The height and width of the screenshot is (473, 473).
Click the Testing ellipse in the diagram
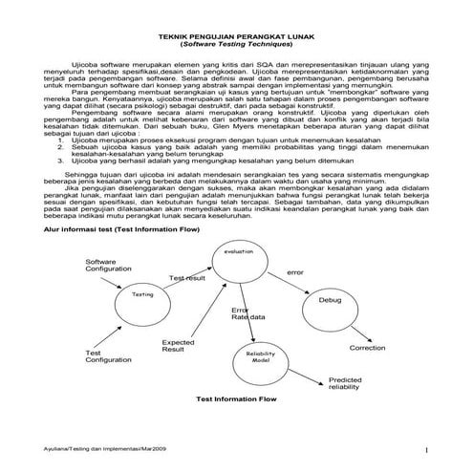click(142, 296)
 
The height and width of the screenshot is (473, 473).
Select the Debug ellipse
click(330, 300)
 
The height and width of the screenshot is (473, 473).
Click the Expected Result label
click(178, 346)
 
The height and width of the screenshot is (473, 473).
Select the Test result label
click(187, 277)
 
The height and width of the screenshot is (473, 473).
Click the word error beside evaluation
click(295, 273)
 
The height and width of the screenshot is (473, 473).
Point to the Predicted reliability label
click(345, 382)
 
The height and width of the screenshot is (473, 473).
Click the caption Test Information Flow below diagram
click(236, 398)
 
